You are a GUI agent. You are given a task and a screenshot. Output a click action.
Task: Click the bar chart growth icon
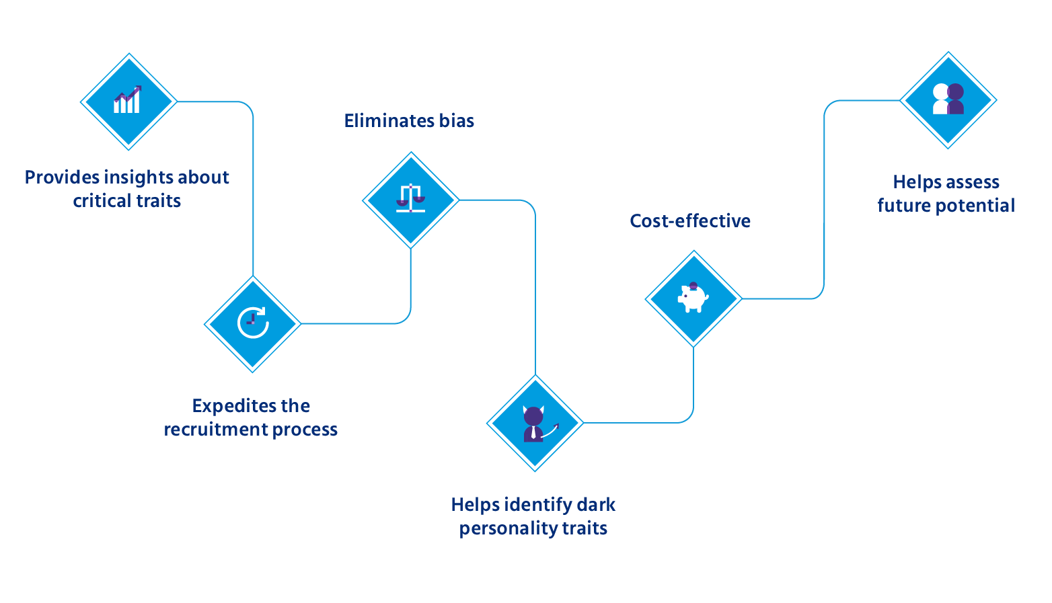[127, 99]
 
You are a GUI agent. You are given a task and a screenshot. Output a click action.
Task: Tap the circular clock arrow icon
[253, 323]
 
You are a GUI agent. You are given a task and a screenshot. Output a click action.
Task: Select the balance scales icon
[410, 198]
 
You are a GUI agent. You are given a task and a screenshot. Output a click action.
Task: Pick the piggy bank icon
[693, 298]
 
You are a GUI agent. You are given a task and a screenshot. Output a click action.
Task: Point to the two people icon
[948, 99]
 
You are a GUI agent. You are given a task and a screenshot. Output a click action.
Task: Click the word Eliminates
[389, 120]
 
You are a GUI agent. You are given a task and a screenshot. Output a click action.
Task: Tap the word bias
[457, 120]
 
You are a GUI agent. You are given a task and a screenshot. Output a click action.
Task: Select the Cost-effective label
[690, 220]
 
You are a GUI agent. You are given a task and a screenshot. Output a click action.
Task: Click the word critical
[99, 201]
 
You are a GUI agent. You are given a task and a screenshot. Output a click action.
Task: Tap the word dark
[596, 505]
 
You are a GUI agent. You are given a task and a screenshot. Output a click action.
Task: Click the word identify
[537, 506]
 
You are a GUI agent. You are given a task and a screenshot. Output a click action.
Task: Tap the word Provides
[62, 177]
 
